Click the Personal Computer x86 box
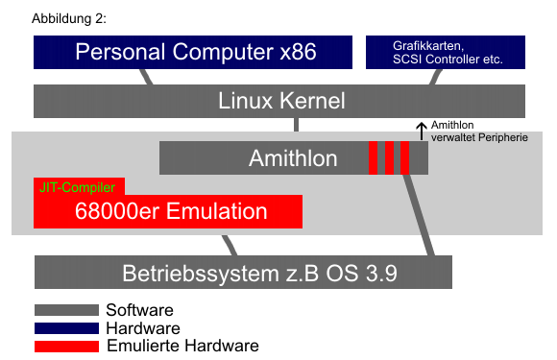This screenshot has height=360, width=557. click(x=193, y=52)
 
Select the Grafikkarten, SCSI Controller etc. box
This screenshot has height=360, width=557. click(x=446, y=52)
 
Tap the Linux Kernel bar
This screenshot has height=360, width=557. click(x=279, y=101)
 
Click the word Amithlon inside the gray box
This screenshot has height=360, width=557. click(x=293, y=158)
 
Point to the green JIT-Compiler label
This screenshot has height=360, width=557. click(x=77, y=187)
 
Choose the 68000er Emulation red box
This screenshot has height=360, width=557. click(x=168, y=211)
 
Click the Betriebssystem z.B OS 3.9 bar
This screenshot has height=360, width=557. click(x=243, y=272)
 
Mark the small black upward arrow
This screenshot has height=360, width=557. click(x=422, y=131)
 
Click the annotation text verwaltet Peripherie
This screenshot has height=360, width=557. click(x=479, y=137)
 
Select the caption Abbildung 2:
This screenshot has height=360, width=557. click(x=69, y=18)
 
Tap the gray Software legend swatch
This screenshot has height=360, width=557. click(x=66, y=310)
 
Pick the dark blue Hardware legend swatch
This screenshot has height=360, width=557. click(x=66, y=328)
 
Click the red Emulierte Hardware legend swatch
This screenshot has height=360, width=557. click(x=66, y=347)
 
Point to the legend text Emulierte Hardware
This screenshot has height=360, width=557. click(x=182, y=346)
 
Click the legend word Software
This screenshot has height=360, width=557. click(x=139, y=310)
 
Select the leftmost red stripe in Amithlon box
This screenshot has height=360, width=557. click(x=373, y=158)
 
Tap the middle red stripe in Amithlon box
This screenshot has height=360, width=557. click(x=389, y=158)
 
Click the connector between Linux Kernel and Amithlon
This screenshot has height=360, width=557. click(x=296, y=125)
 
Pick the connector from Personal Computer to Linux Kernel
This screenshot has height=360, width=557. click(x=146, y=77)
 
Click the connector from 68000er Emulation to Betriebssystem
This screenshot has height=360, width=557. click(x=230, y=246)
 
